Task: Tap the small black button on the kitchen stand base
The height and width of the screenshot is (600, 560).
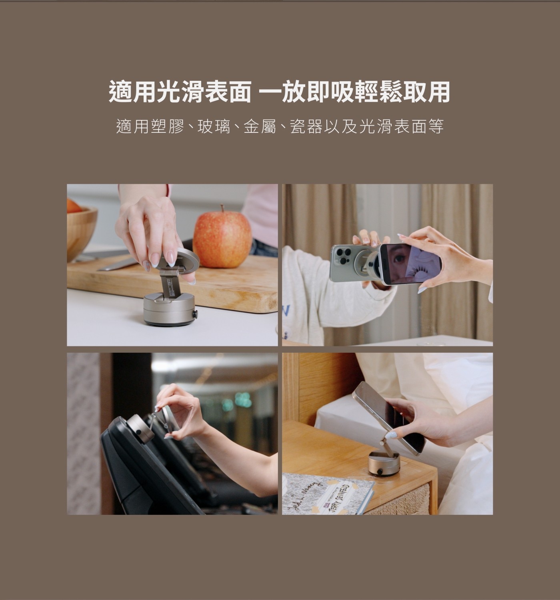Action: (195, 314)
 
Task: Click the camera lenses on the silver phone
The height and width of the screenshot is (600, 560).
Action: (342, 256)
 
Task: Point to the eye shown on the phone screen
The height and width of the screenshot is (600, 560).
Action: (400, 258)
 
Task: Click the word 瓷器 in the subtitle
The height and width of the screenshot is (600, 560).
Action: (306, 127)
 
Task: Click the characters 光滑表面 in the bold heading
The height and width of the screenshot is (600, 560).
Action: (204, 92)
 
